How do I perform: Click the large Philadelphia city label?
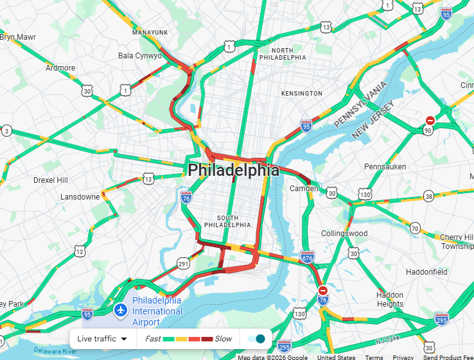tap(233, 170)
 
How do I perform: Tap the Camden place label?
tap(303, 189)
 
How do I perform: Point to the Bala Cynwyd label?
tap(140, 56)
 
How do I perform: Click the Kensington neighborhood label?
tap(301, 94)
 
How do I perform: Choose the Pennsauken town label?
tap(385, 166)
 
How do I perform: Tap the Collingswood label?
tap(344, 234)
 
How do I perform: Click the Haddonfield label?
tap(426, 272)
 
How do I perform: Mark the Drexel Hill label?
tap(50, 180)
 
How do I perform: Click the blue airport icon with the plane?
tap(120, 311)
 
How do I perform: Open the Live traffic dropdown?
tap(102, 339)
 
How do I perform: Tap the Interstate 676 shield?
tap(307, 257)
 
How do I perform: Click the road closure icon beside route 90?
tap(430, 120)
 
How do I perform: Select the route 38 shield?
tap(428, 196)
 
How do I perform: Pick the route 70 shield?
tap(416, 228)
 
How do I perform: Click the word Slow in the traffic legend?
tap(223, 339)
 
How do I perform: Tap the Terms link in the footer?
tap(374, 357)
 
